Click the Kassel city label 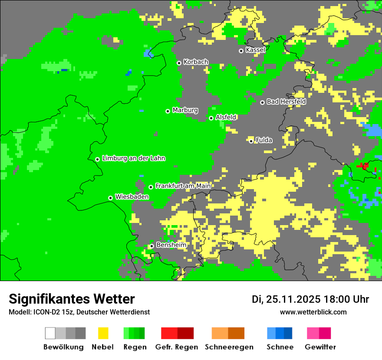[x=255, y=50]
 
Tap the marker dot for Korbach [x=179, y=63]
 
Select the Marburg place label [x=185, y=110]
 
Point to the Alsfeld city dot [x=211, y=118]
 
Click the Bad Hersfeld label [x=286, y=101]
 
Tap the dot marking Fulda [x=251, y=141]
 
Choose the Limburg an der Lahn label [x=133, y=158]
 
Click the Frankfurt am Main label [x=183, y=186]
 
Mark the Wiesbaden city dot [x=110, y=198]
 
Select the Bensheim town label [x=171, y=245]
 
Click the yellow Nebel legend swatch [x=103, y=333]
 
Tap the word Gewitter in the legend [x=320, y=347]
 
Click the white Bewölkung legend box [x=50, y=333]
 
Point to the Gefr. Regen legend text [x=177, y=347]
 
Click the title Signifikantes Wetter [x=72, y=299]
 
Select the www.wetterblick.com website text [x=313, y=312]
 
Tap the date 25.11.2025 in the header [x=293, y=299]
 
